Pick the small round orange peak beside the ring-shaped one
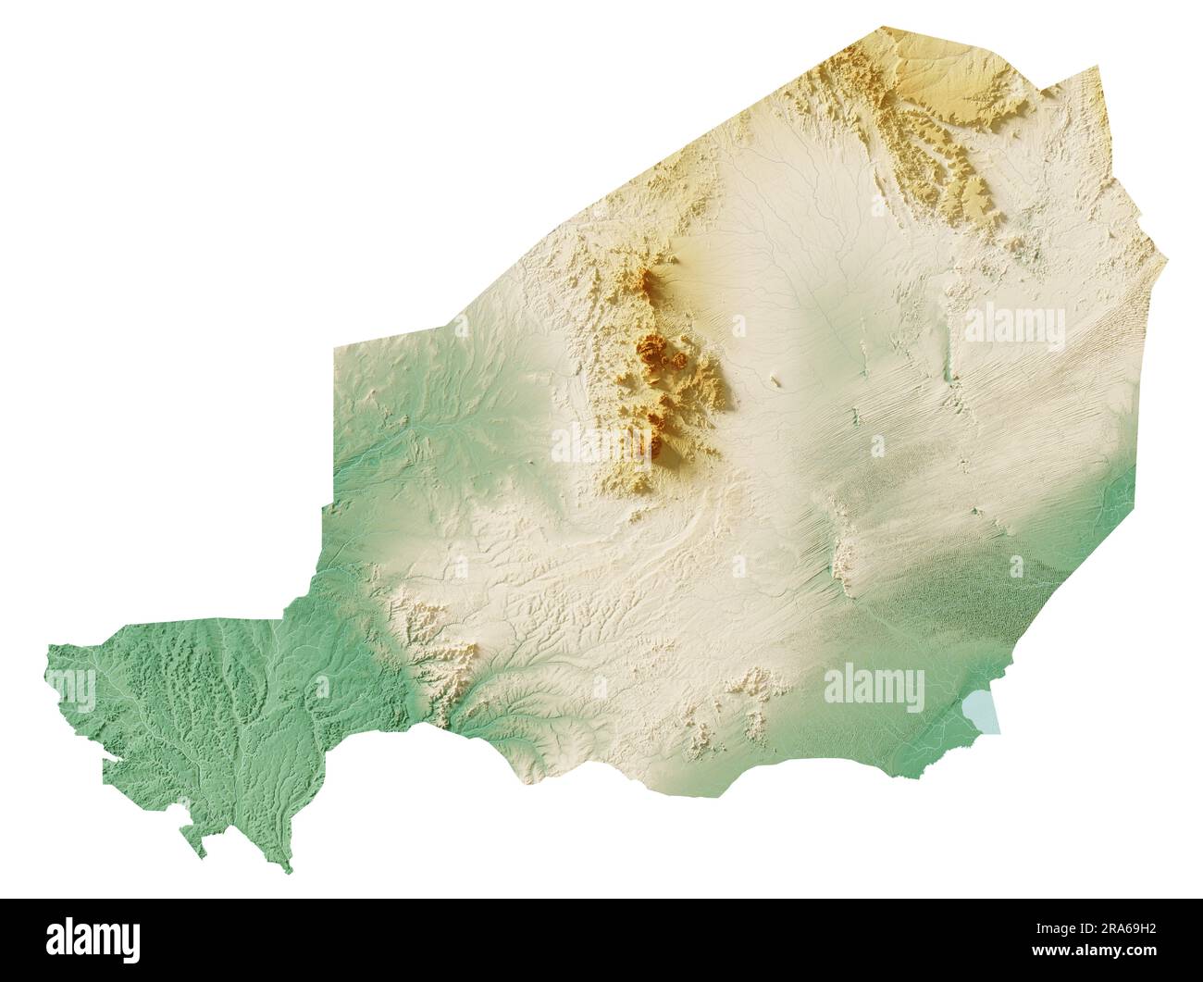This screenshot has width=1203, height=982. point(679,359)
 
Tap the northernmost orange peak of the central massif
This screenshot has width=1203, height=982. point(648,280)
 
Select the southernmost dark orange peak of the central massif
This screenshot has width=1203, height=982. point(654,448)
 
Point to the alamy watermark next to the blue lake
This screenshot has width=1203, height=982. point(874,690)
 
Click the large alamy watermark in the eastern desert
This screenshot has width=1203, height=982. point(1014,328)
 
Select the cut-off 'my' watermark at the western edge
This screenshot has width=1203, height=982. point(71,688)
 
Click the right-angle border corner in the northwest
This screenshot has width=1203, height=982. point(334,348)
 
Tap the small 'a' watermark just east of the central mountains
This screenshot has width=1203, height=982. point(738,327)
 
